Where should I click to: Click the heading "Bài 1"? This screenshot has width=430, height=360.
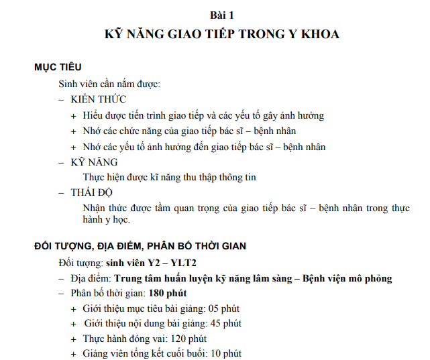[222, 14]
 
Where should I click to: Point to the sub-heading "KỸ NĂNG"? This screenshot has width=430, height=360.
[94, 162]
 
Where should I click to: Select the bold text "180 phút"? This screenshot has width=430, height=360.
[167, 294]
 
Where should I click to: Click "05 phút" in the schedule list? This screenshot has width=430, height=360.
[222, 308]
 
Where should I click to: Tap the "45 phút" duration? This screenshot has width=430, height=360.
[223, 323]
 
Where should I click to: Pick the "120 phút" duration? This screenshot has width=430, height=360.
[188, 339]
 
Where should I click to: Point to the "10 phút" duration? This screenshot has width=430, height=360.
[224, 353]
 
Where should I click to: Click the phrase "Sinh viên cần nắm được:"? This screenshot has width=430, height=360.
[109, 84]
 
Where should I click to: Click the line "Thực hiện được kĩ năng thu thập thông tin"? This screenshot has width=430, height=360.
[169, 178]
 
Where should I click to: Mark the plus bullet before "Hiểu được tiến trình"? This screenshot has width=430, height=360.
[74, 116]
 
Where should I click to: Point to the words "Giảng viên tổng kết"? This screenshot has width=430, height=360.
[124, 353]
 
